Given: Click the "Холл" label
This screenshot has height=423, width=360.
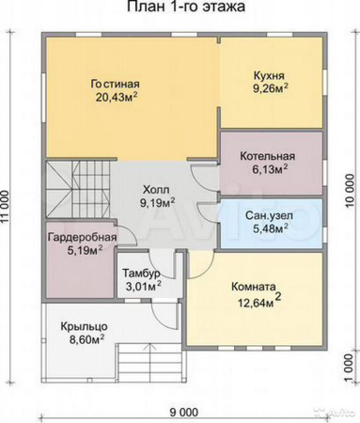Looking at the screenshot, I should tap(156, 186).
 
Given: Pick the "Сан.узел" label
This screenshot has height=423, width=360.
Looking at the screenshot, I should tap(270, 214).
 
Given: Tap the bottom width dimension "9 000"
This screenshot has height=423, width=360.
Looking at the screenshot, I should tap(183, 412).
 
